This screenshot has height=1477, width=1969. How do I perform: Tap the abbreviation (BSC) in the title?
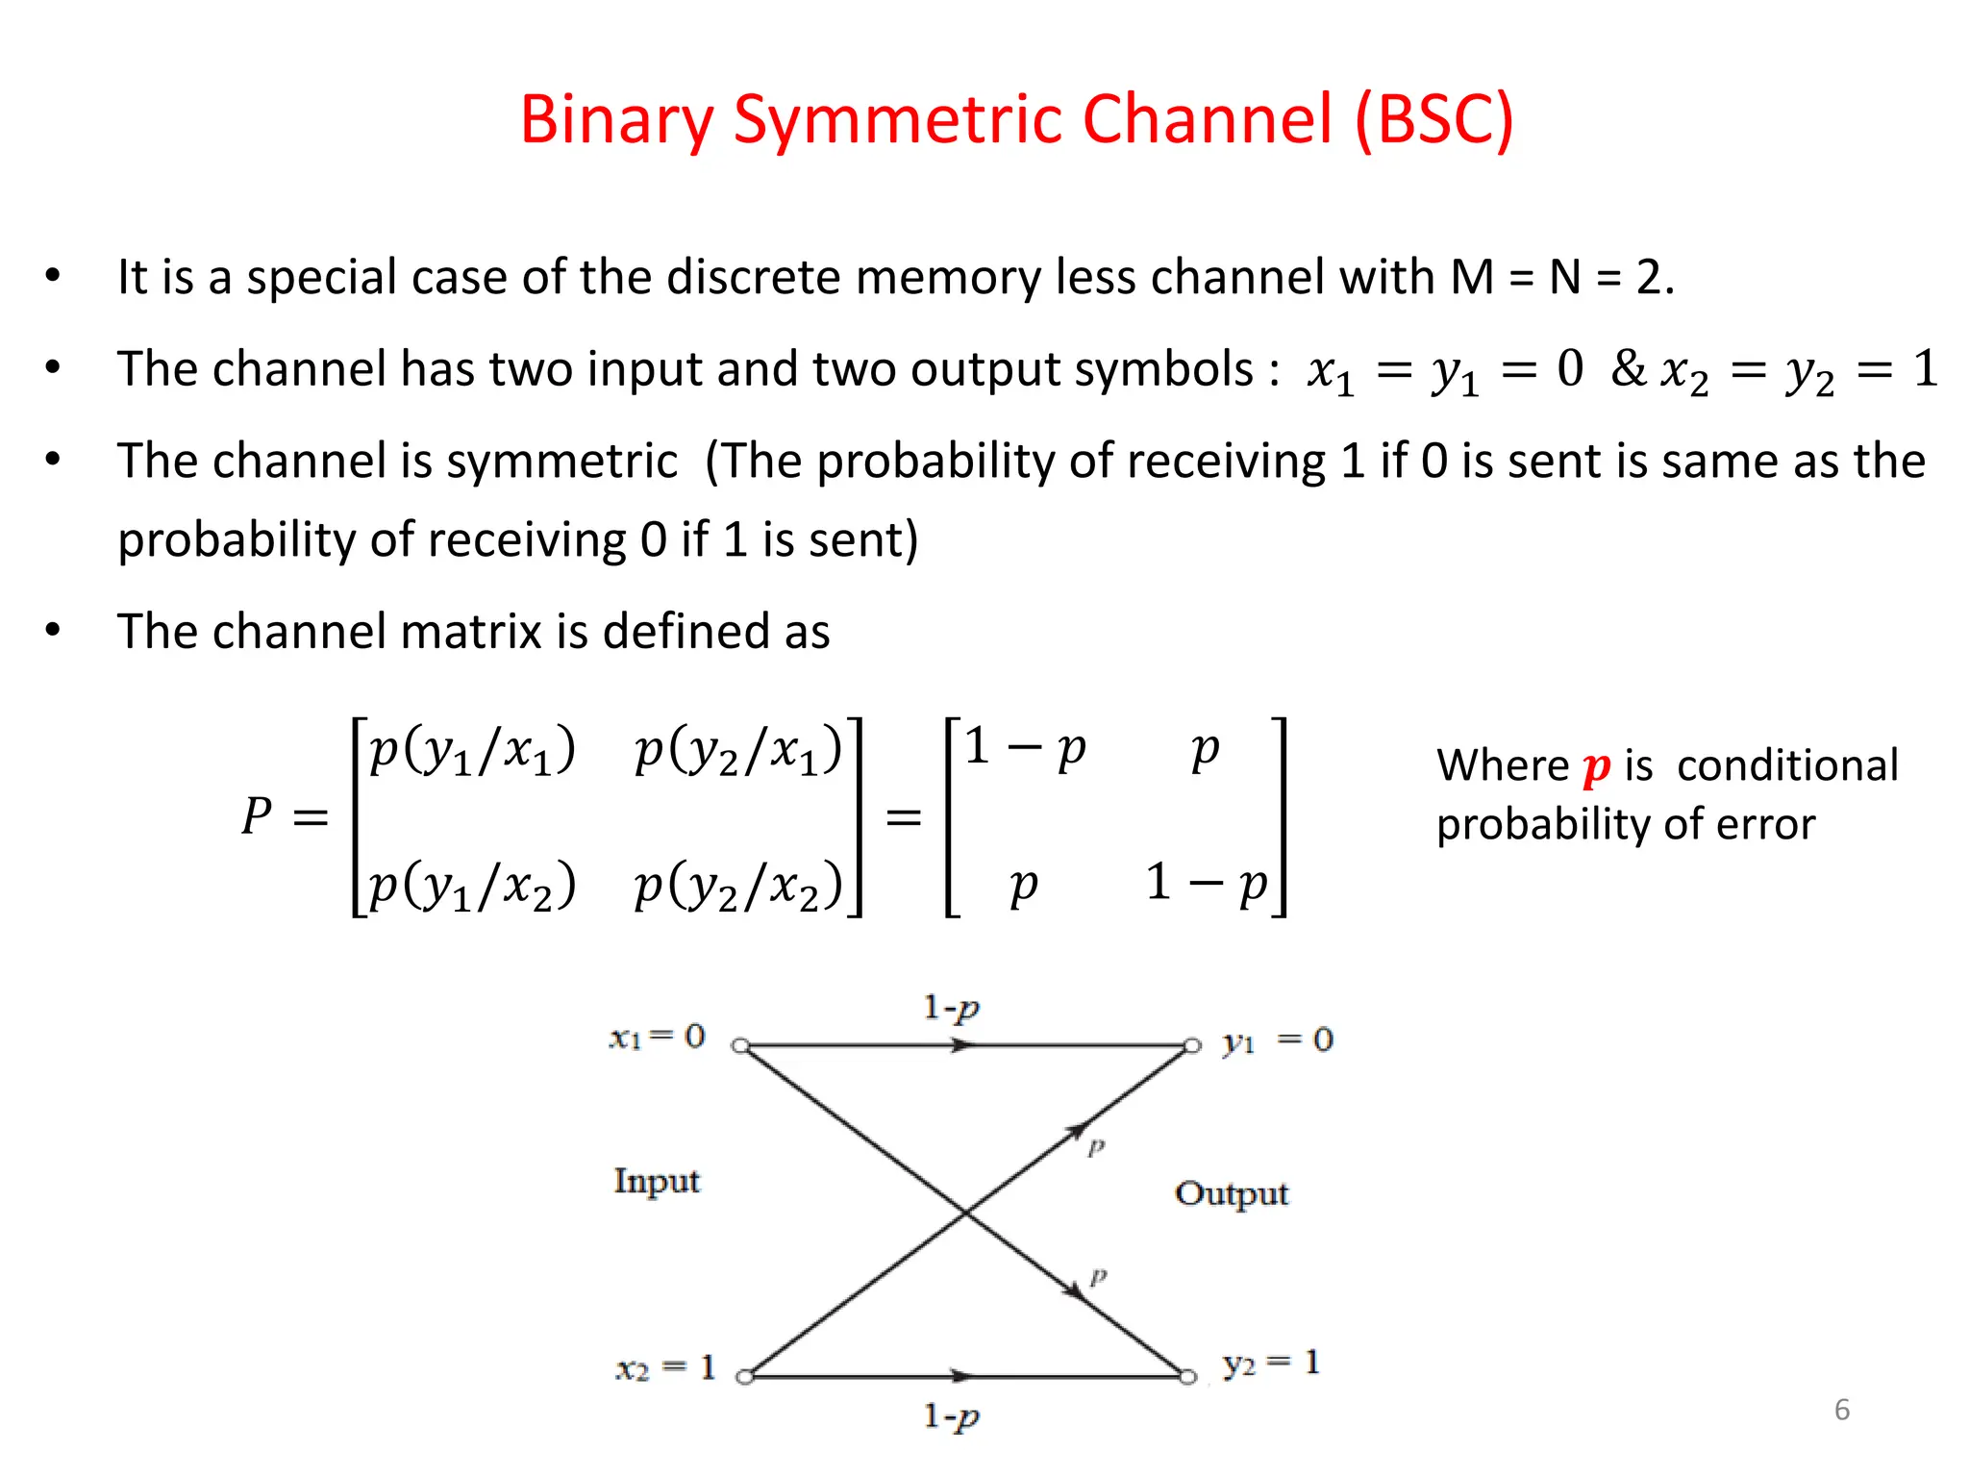(1433, 120)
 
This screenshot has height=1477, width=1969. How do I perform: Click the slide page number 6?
(1841, 1409)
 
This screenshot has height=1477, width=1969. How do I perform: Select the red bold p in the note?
(1596, 767)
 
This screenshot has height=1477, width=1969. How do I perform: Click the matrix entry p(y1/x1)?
(472, 751)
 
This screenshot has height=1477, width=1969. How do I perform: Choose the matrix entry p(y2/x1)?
(738, 751)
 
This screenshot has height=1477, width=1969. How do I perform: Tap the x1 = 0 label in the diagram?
(658, 1037)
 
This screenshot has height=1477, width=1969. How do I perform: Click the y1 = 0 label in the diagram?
(1277, 1040)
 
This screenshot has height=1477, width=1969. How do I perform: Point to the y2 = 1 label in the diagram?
(1270, 1363)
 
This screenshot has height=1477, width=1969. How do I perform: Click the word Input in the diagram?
(657, 1181)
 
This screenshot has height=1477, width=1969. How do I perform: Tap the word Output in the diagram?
(1231, 1193)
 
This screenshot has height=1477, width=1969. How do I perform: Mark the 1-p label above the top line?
(951, 1008)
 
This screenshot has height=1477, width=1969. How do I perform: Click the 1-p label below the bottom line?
(951, 1416)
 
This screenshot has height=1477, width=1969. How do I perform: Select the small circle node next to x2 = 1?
(744, 1377)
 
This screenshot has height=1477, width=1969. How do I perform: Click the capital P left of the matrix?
(257, 816)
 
